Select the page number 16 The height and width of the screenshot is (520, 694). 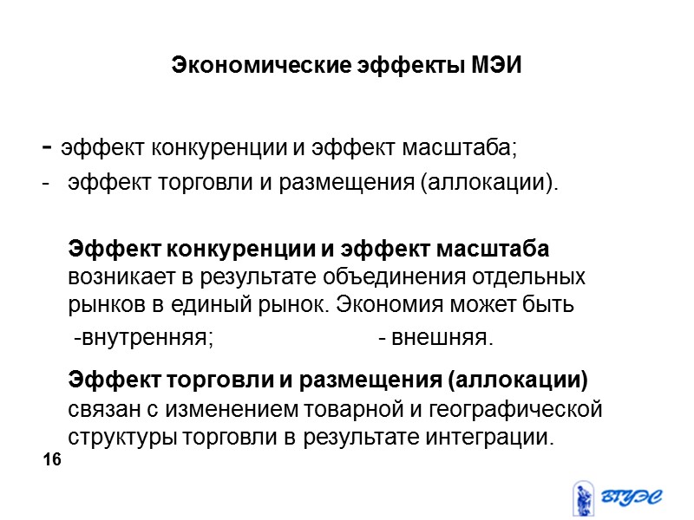[x=52, y=460]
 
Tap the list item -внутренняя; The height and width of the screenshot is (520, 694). [x=143, y=336]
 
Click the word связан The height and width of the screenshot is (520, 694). [x=101, y=408]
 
